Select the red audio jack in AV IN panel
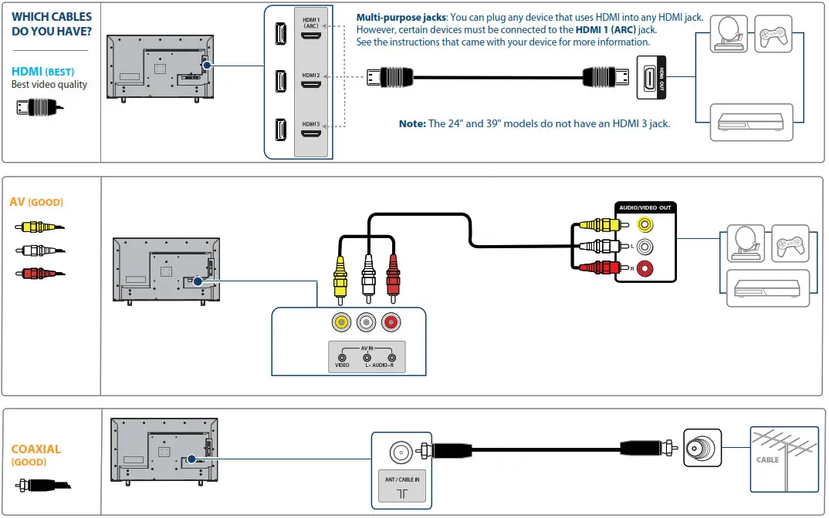pos(392,322)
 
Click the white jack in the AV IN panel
pos(367,322)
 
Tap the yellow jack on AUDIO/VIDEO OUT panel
pos(643,225)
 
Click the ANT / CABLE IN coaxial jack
pos(401,451)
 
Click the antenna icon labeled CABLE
pos(783,459)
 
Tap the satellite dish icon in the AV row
pos(745,244)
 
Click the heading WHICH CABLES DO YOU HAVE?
pos(51,23)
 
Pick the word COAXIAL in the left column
pos(36,449)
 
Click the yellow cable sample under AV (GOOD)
pos(39,227)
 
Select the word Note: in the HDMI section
pos(411,123)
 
